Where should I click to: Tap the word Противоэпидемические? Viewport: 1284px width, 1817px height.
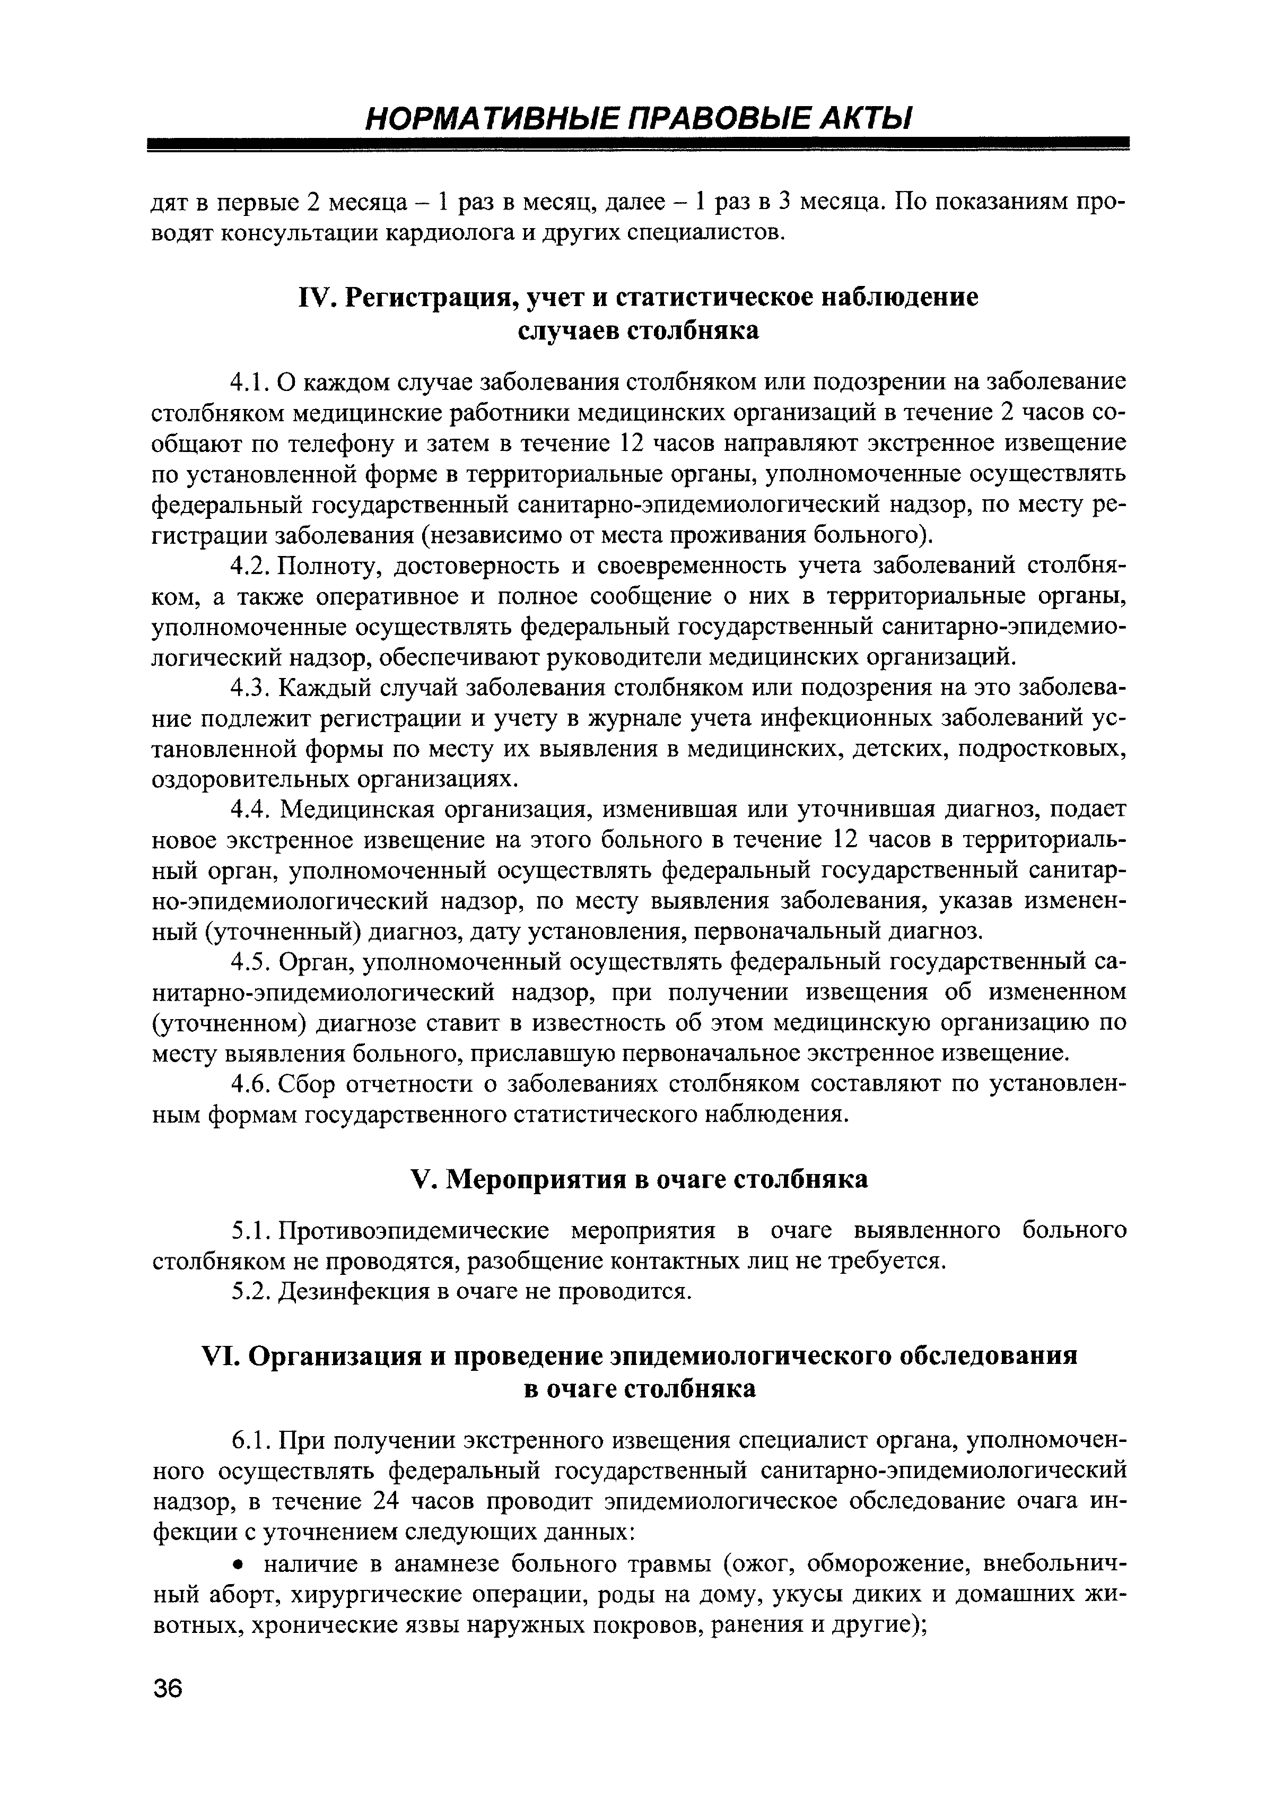[414, 1231]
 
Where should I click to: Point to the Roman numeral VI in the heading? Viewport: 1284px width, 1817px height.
[222, 1357]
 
